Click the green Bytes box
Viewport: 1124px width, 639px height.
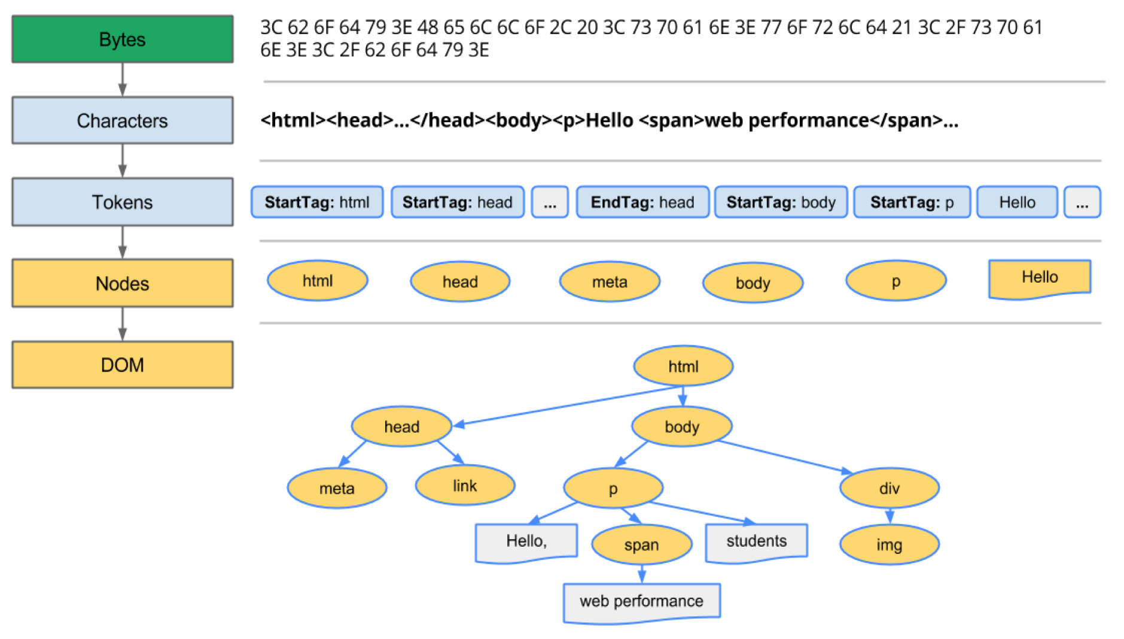122,40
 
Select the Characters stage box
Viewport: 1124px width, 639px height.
122,121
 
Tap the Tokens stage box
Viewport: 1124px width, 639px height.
122,202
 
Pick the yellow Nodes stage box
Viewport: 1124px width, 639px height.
122,283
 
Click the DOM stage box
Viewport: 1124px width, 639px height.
122,365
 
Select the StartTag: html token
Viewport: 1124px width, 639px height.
317,202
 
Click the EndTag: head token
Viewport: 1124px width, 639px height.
642,202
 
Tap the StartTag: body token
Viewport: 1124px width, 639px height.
781,202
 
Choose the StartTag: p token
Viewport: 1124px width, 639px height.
912,202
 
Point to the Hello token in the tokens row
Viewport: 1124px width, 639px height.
1017,202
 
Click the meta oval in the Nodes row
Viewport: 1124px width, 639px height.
610,281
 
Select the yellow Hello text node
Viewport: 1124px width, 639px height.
1040,278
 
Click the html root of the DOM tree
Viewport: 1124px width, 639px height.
683,366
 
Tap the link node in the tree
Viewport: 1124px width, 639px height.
465,486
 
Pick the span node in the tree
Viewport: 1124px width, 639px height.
641,544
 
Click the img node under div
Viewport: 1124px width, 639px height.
889,544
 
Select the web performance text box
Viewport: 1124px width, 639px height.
641,601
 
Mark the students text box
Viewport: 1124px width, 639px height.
756,541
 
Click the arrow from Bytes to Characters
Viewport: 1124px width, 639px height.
122,80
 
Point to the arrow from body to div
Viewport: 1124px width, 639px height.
784,458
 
